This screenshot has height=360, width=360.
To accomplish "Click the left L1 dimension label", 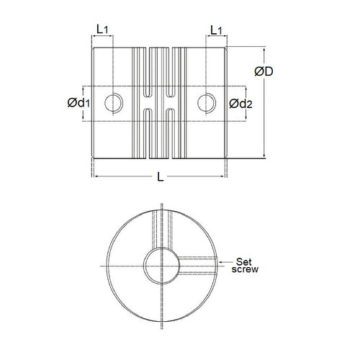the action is (x=102, y=29).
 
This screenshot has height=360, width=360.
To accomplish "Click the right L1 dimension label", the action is (x=216, y=30).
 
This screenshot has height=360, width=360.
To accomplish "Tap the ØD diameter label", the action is (x=264, y=71).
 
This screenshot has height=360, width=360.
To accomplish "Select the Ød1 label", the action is (x=78, y=103).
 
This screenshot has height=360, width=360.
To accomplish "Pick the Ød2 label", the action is (x=240, y=104).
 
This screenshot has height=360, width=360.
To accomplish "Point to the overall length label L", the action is (x=161, y=177).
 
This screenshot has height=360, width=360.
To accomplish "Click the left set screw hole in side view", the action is (x=114, y=103).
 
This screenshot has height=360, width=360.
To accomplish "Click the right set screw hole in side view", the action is (x=207, y=103).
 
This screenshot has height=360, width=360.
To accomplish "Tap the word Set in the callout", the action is (x=243, y=261).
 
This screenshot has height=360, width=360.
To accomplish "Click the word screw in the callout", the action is (x=245, y=269).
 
